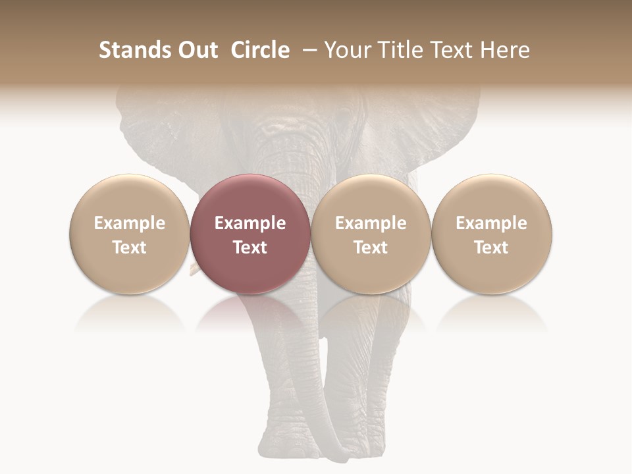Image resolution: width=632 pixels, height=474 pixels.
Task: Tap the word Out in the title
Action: click(x=196, y=50)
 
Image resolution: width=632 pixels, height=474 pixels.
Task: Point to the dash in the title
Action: click(x=311, y=51)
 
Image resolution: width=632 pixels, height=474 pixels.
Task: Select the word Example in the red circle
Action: click(x=250, y=223)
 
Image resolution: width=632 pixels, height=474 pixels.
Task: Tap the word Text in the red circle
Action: click(x=250, y=248)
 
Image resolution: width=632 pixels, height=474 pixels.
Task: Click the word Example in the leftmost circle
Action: click(x=130, y=223)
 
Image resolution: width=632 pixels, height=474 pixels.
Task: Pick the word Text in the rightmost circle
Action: click(x=492, y=248)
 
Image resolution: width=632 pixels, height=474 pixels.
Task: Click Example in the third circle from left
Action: click(x=371, y=223)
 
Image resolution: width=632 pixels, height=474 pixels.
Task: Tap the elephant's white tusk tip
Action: click(x=194, y=268)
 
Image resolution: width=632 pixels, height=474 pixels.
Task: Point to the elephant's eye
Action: click(x=343, y=118)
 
